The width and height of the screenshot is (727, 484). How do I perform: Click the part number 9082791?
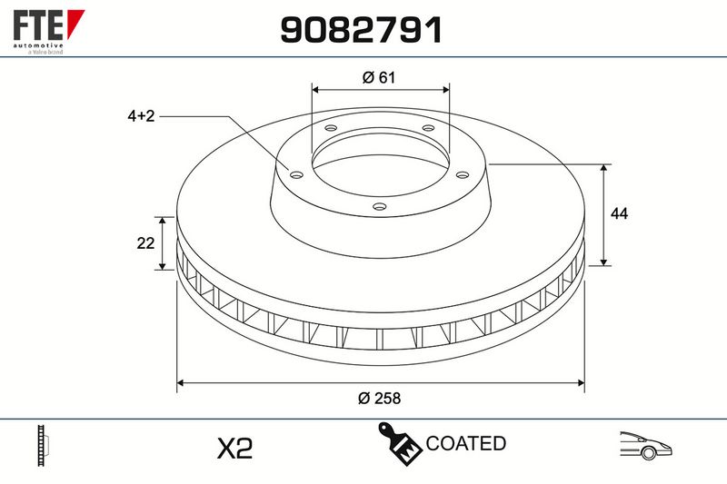coord(361,30)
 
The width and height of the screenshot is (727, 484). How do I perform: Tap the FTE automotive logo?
coord(49,32)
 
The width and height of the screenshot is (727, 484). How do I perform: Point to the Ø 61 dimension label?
coord(379,77)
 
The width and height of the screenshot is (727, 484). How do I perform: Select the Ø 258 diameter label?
coord(379,398)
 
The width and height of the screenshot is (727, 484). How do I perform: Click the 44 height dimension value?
coord(620,213)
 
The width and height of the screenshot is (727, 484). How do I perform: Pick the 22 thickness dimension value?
coord(145,242)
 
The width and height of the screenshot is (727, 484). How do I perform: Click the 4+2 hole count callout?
coord(141,116)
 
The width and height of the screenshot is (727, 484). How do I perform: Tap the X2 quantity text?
coord(235,448)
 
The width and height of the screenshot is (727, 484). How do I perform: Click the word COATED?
coord(465,443)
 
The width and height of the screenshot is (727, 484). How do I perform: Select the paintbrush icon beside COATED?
coord(399,443)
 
